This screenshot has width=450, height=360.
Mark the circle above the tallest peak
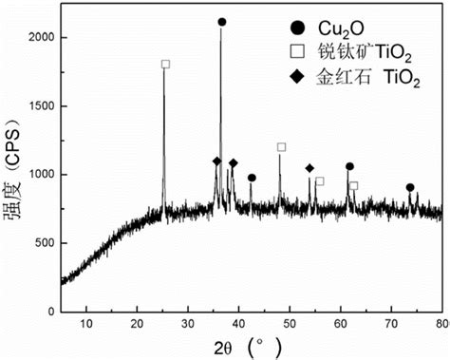(x=222, y=22)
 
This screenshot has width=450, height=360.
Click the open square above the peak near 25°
(x=165, y=64)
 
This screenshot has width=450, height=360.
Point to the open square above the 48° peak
(x=281, y=147)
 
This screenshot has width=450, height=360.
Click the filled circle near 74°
(x=410, y=188)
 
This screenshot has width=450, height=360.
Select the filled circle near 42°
(x=252, y=178)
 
